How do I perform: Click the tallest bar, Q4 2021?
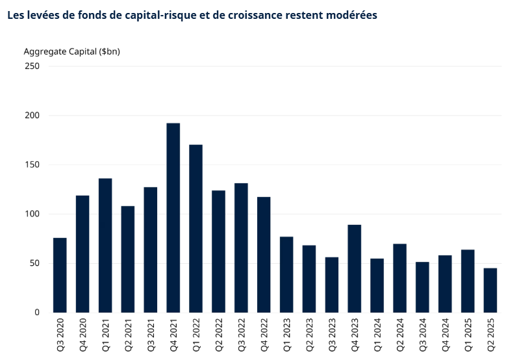(x=173, y=218)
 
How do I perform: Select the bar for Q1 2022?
(x=196, y=228)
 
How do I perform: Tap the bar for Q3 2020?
(x=60, y=275)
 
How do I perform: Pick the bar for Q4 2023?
(x=354, y=268)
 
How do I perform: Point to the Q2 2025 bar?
(x=490, y=290)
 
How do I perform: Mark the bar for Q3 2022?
(x=241, y=248)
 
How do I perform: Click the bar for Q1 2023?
(x=286, y=274)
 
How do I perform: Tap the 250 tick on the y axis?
(x=32, y=66)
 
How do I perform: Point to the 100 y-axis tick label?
(x=32, y=214)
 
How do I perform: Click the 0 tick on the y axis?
(x=37, y=313)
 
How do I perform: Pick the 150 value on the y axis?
(x=32, y=165)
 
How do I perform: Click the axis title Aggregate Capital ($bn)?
(x=71, y=51)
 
